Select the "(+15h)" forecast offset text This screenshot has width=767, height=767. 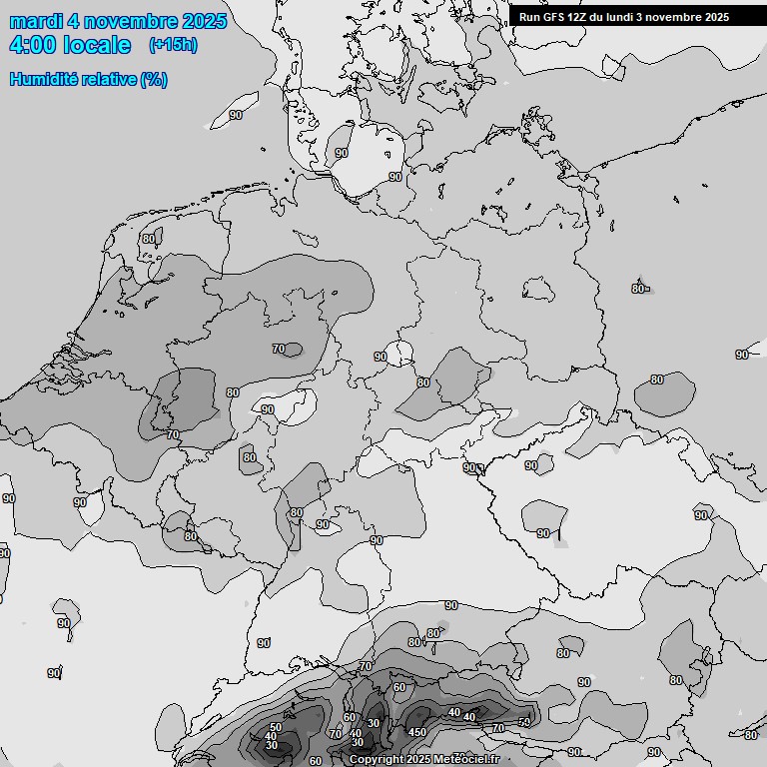pyautogui.click(x=173, y=45)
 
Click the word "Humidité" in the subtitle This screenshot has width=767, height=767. pyautogui.click(x=42, y=79)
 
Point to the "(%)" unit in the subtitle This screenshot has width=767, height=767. pyautogui.click(x=154, y=79)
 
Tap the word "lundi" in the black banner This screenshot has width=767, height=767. pyautogui.click(x=624, y=17)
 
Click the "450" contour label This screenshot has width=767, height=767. pyautogui.click(x=417, y=733)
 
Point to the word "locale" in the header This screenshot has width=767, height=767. pyautogui.click(x=95, y=45)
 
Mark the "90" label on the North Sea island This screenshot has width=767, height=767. pyautogui.click(x=236, y=115)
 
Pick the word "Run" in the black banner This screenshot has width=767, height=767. pyautogui.click(x=529, y=17)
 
